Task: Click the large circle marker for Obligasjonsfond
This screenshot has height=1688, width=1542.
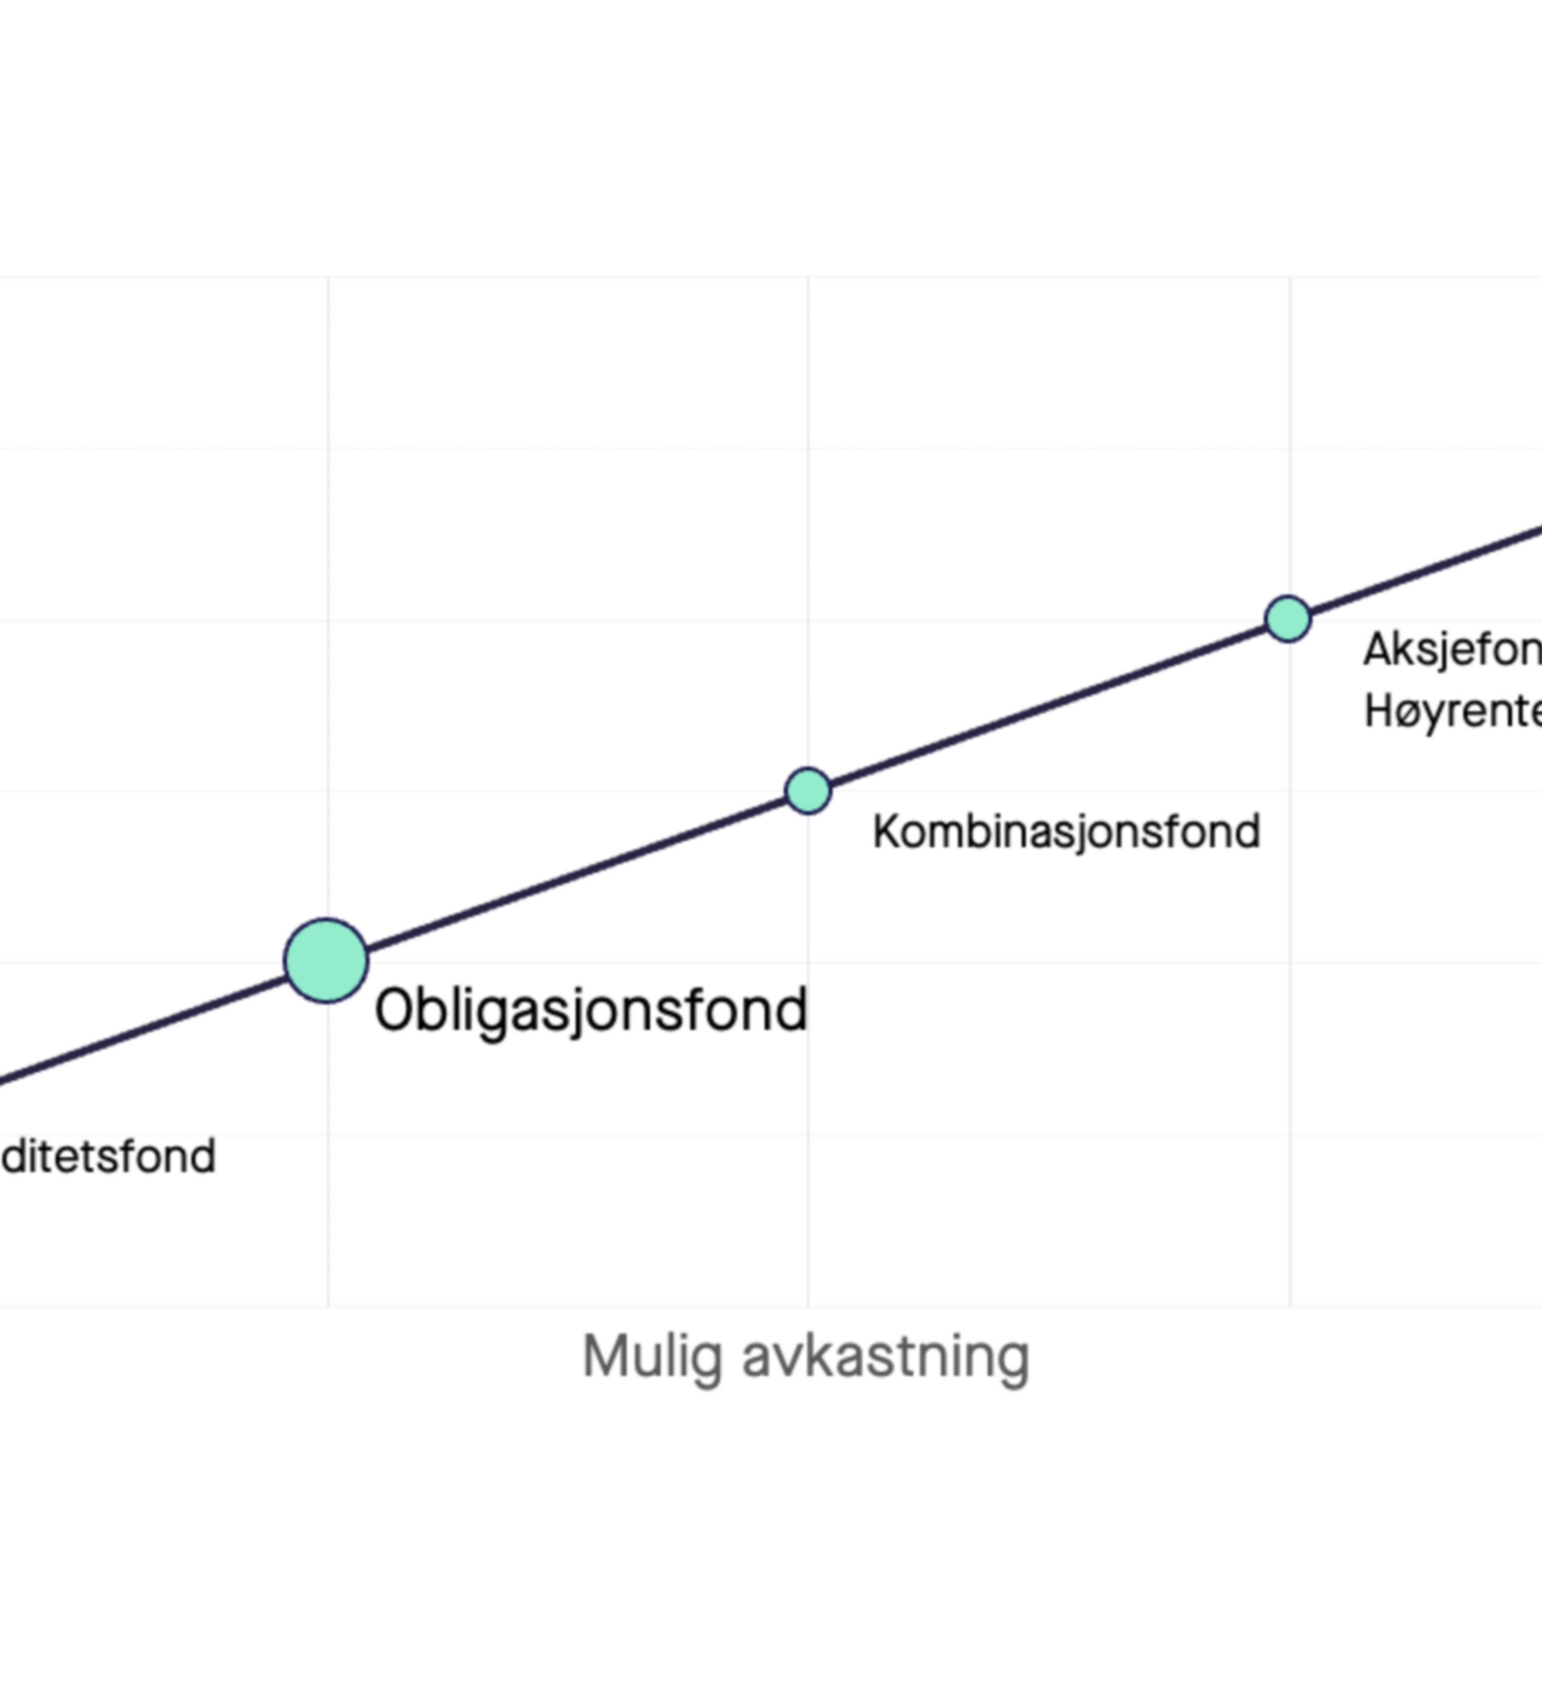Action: coord(326,960)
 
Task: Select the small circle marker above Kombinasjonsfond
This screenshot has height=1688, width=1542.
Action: coord(808,791)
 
